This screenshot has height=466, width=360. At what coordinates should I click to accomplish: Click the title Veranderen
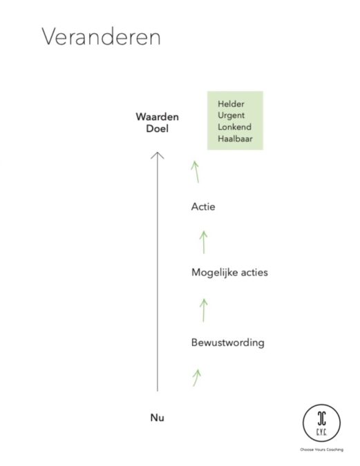101,37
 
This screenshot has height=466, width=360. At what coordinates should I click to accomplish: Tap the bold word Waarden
157,117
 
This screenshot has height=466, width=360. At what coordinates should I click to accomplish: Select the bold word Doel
157,128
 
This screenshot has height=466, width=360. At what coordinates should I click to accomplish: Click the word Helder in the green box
231,104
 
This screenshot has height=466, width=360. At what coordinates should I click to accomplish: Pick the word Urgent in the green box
231,115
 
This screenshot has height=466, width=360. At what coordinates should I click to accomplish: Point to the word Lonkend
234,127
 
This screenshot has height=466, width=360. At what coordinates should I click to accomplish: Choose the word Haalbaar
235,139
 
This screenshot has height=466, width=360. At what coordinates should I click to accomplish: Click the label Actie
203,206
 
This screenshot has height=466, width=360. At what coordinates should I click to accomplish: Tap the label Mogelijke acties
229,272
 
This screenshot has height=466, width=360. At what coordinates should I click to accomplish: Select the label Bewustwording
227,342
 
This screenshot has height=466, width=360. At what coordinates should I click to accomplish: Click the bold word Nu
157,418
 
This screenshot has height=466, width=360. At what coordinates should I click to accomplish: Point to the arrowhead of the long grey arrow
158,153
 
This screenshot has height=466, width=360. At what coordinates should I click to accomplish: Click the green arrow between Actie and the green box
196,172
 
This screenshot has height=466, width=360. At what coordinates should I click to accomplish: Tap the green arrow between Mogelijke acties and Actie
204,242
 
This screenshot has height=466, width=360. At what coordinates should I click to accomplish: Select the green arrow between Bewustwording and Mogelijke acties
204,310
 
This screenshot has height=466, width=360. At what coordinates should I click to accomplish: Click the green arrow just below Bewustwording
196,378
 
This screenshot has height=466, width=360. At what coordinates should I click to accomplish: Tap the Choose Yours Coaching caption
321,449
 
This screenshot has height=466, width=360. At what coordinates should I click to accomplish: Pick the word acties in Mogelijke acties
254,272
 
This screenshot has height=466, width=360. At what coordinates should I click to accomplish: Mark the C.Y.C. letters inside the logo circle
321,431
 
